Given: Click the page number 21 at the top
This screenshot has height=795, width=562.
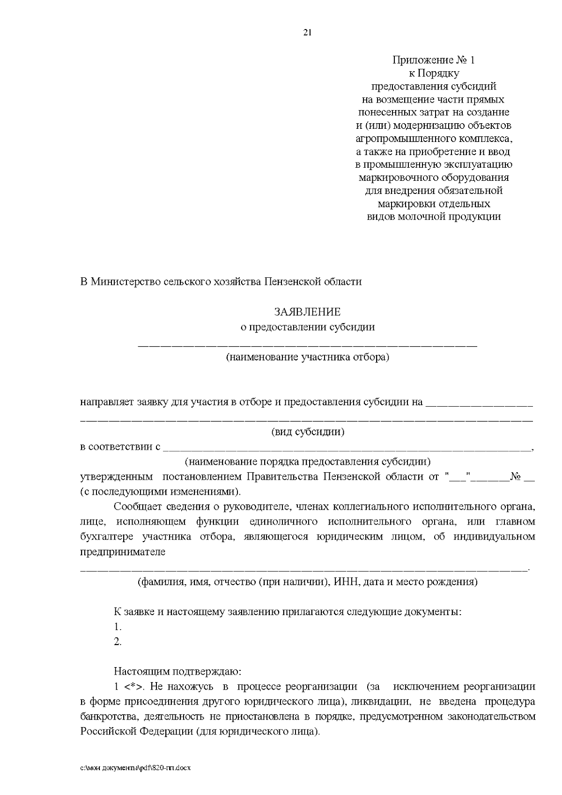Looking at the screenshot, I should click(x=307, y=32).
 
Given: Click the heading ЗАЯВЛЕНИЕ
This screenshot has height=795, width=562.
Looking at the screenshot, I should click(x=307, y=312).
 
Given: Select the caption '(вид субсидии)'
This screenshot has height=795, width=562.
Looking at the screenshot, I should click(x=308, y=432).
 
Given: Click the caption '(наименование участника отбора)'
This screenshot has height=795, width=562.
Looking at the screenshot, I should click(x=307, y=357).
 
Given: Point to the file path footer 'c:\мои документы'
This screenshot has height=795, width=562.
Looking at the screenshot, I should click(x=136, y=768).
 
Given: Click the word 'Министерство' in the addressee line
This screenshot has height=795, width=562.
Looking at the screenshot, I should click(x=123, y=282).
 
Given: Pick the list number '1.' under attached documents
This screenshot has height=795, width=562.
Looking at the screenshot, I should click(x=118, y=627).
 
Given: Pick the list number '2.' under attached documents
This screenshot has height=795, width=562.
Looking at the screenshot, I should click(x=118, y=642).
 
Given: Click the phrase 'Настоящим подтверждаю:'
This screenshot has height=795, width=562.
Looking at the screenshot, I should click(x=177, y=672).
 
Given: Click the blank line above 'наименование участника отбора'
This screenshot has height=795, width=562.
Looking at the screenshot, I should click(x=307, y=346).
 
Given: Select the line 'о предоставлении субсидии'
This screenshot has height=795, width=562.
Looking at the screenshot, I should click(x=307, y=327).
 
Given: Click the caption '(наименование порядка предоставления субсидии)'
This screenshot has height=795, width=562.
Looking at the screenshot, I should click(x=307, y=462).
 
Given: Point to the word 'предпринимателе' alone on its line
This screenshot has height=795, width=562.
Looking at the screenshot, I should click(x=123, y=552).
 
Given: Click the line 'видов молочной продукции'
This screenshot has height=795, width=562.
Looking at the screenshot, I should click(x=433, y=216).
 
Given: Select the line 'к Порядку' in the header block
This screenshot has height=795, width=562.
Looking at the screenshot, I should click(x=433, y=73).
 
